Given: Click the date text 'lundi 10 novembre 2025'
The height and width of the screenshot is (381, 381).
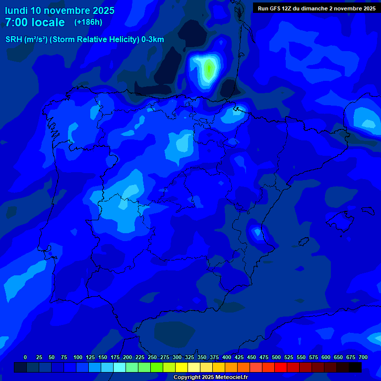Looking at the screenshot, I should pyautogui.click(x=60, y=10).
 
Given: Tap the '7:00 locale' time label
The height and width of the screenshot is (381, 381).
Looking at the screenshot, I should pyautogui.click(x=35, y=22).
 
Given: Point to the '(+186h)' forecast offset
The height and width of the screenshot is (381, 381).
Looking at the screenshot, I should pyautogui.click(x=88, y=22).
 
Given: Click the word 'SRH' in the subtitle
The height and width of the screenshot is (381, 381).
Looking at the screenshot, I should pyautogui.click(x=14, y=40).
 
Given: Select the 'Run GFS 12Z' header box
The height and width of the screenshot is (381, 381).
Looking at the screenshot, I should pyautogui.click(x=317, y=8).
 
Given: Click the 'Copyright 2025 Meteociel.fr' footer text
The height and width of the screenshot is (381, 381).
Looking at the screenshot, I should pyautogui.click(x=210, y=377).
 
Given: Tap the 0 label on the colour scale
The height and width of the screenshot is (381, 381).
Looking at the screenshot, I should pyautogui.click(x=25, y=357).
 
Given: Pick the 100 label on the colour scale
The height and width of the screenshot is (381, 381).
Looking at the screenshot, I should pyautogui.click(x=77, y=357).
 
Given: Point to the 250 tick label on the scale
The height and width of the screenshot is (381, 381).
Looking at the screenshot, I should pyautogui.click(x=152, y=357).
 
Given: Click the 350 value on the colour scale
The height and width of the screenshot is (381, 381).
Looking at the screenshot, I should pyautogui.click(x=201, y=357).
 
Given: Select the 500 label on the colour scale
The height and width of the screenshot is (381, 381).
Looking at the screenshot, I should pyautogui.click(x=276, y=357).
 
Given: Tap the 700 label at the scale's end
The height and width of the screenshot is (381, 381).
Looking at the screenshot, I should pyautogui.click(x=363, y=357).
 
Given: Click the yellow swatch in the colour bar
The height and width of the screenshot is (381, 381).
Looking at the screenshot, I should pyautogui.click(x=182, y=367).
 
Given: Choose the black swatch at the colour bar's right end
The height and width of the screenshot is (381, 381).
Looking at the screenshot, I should pyautogui.click(x=355, y=367).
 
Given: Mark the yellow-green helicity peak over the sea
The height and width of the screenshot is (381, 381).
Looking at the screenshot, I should pyautogui.click(x=209, y=68).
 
